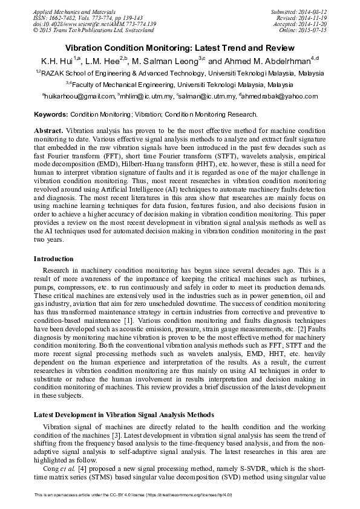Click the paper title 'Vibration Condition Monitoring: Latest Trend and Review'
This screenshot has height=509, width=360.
180,48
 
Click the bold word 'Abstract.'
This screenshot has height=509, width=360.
48,131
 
